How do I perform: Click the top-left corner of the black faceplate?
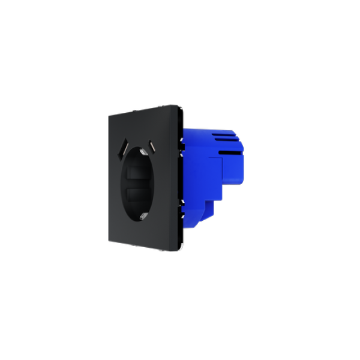[x=108, y=116]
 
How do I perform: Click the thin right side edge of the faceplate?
[x=179, y=180]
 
